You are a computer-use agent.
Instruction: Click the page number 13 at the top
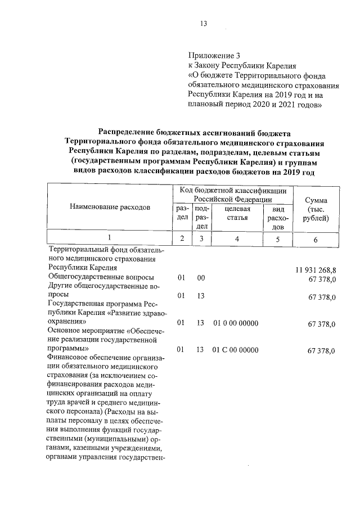[x=204, y=24]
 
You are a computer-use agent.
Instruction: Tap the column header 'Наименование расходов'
[x=110, y=207]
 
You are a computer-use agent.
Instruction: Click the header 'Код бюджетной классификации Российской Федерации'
[x=233, y=195]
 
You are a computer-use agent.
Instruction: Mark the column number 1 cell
[x=110, y=239]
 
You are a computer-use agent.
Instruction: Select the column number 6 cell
[x=316, y=240]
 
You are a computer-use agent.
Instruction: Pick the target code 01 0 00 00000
[x=236, y=323]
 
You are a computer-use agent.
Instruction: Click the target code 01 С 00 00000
[x=236, y=350]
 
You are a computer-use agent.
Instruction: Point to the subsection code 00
[x=201, y=278]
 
